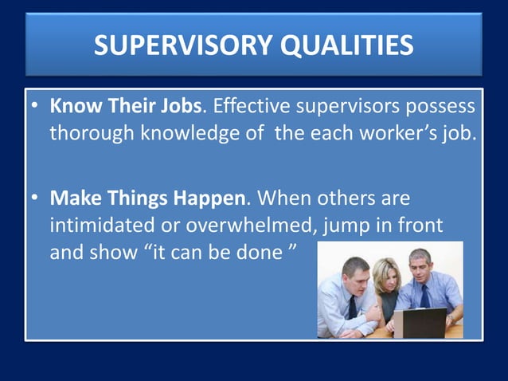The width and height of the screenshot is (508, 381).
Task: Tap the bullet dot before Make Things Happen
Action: (x=36, y=196)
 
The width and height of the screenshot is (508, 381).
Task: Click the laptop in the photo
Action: (x=420, y=322)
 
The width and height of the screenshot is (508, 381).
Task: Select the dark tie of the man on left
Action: (x=352, y=305)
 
